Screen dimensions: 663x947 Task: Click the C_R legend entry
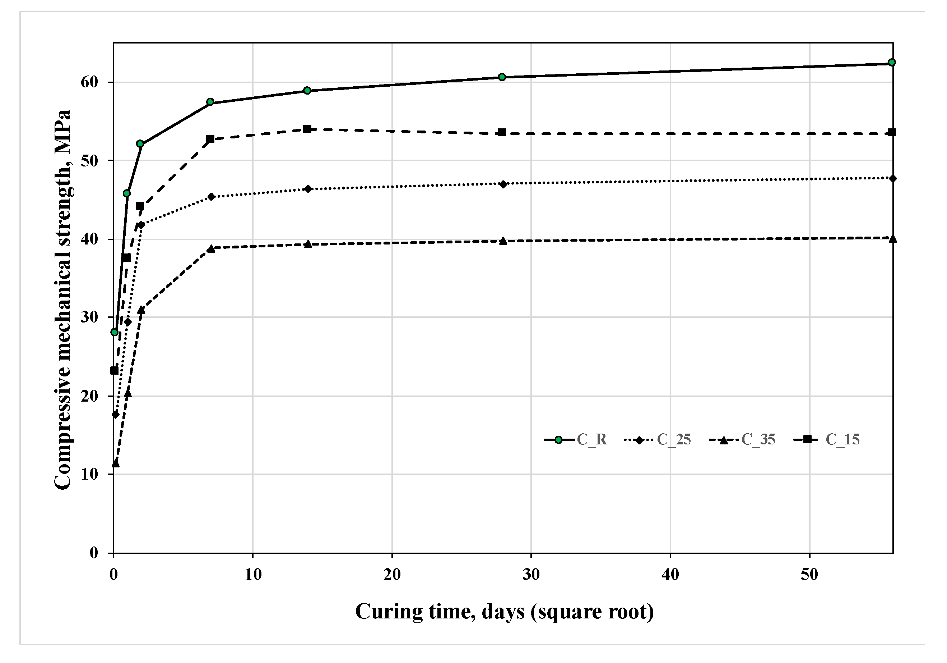tap(576, 440)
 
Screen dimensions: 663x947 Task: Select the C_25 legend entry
tap(658, 440)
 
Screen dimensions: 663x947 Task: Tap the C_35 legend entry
tap(742, 440)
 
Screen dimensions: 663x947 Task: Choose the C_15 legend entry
tap(827, 440)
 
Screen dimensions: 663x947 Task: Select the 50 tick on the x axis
tap(809, 575)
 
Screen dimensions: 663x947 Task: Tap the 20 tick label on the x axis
tap(391, 575)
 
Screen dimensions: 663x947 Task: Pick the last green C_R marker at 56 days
tap(891, 62)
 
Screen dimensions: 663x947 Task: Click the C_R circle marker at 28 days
tap(502, 77)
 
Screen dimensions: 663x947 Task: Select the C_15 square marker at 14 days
tap(307, 129)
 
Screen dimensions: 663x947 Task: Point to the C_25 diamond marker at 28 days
tap(503, 184)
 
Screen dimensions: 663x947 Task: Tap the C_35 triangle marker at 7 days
tap(211, 248)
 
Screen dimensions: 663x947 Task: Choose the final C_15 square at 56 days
tap(892, 133)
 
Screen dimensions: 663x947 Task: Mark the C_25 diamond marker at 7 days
tap(211, 197)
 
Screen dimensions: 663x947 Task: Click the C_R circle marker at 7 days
tap(210, 102)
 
